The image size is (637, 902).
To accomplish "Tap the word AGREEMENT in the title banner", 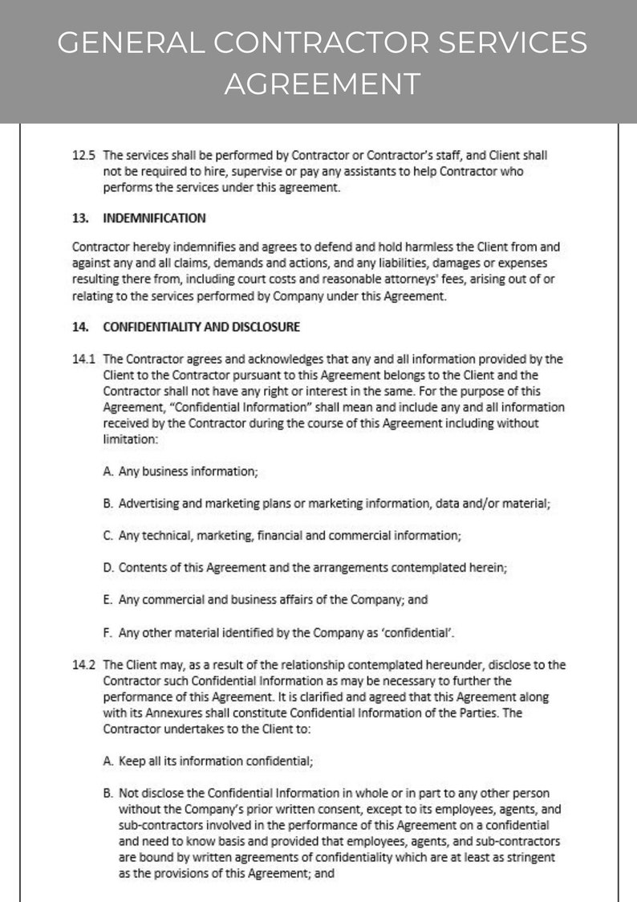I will point(321,83).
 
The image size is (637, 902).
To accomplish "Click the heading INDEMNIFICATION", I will point(154,218).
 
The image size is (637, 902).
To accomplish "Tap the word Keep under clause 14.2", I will point(132,760).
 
